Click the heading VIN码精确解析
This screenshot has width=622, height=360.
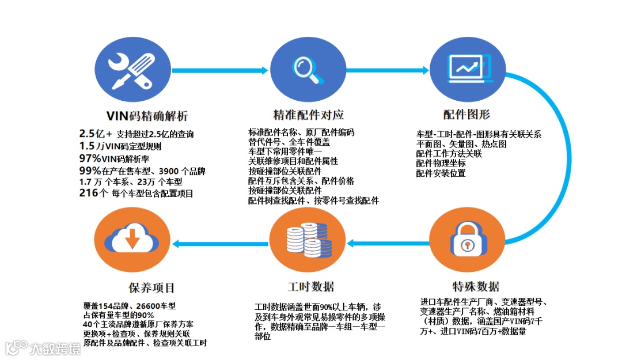click(147, 115)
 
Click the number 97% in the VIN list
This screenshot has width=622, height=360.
click(90, 158)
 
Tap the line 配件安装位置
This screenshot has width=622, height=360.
click(441, 173)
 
